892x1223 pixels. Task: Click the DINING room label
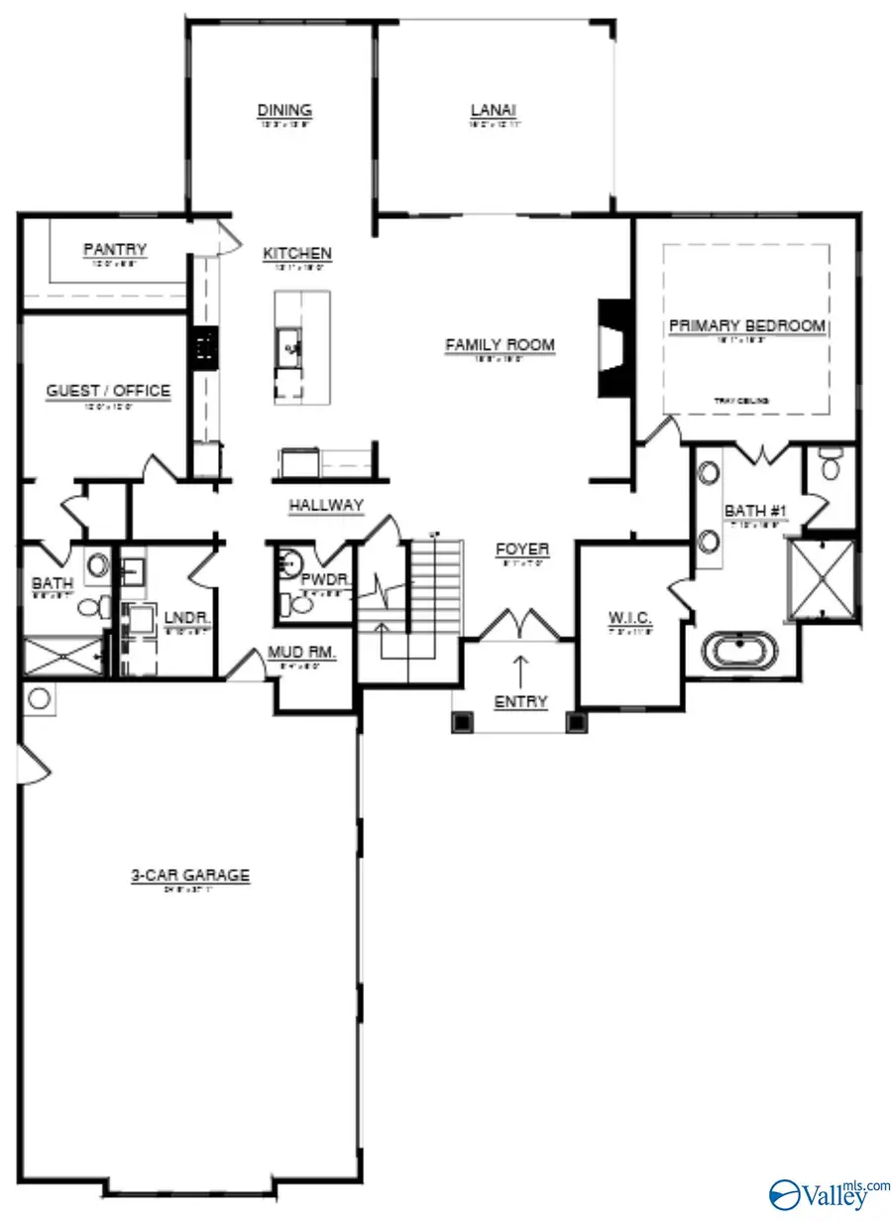(284, 110)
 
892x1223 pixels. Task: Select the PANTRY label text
(115, 250)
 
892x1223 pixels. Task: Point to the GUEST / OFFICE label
(108, 391)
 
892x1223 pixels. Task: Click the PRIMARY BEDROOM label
(746, 325)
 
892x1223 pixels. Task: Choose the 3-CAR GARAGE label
(190, 876)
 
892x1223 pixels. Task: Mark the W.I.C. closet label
(630, 619)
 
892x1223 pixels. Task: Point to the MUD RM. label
(302, 653)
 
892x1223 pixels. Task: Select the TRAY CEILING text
(742, 401)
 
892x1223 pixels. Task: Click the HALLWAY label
(326, 506)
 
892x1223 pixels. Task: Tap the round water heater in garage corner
(39, 699)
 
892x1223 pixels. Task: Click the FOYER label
(522, 549)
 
